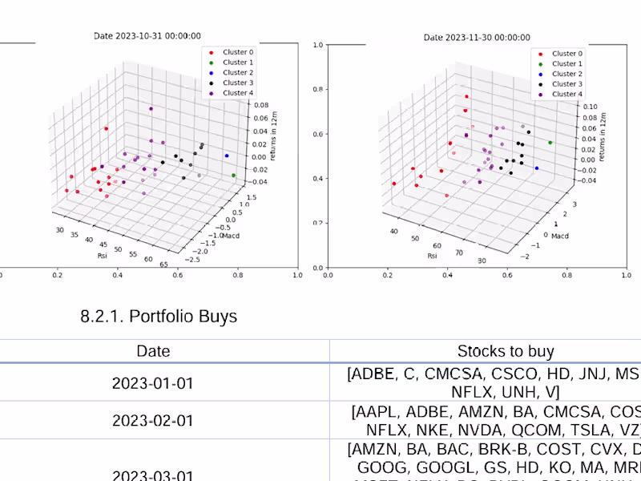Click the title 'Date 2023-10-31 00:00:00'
click(x=147, y=36)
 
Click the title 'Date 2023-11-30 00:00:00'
click(x=476, y=37)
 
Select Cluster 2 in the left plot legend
click(x=236, y=73)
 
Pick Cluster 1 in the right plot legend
click(x=566, y=63)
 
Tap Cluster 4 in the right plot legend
click(x=566, y=94)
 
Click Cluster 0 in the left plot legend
click(x=236, y=52)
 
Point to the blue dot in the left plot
click(x=227, y=156)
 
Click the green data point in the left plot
click(x=233, y=175)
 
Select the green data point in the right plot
click(x=550, y=143)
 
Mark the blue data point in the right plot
click(x=536, y=168)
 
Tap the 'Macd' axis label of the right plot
click(x=560, y=236)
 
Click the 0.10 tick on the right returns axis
click(x=590, y=106)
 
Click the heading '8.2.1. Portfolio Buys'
click(x=159, y=317)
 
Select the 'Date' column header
click(x=152, y=351)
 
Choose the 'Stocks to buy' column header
click(x=506, y=351)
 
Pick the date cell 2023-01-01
click(x=152, y=383)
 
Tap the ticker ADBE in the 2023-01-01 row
click(x=373, y=374)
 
